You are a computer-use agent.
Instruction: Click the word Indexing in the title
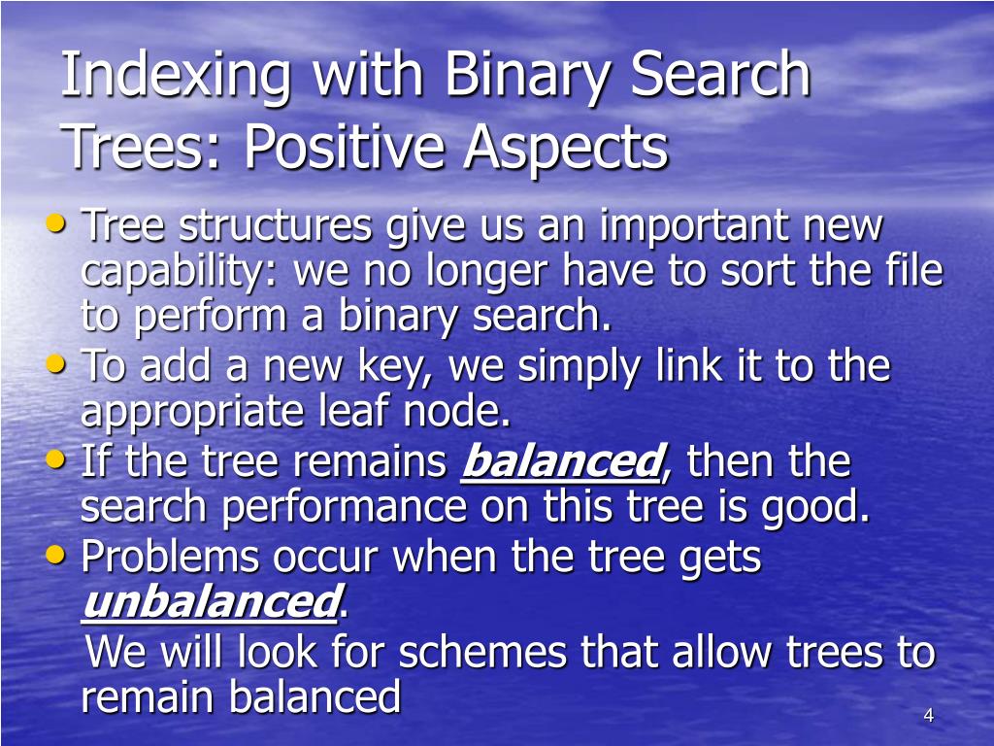click(x=176, y=78)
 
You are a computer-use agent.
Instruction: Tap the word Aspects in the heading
click(x=565, y=148)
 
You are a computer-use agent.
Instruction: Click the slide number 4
click(x=928, y=716)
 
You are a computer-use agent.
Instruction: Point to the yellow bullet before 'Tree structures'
click(x=57, y=224)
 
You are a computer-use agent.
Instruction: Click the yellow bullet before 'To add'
click(x=57, y=364)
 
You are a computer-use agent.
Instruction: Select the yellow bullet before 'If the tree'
click(x=57, y=459)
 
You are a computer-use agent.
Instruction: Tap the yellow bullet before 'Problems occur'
click(x=57, y=555)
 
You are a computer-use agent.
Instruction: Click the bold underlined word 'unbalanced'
click(x=210, y=603)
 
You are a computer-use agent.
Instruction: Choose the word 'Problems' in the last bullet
click(x=169, y=558)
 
